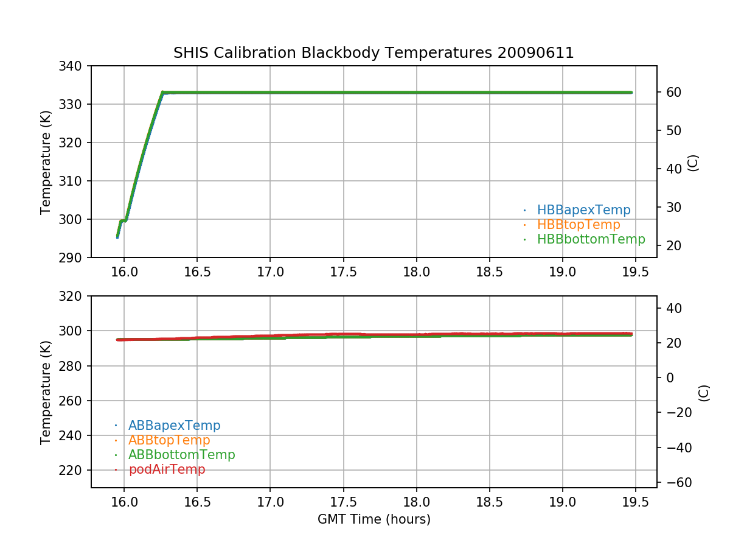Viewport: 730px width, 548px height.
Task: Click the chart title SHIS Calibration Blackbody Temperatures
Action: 374,53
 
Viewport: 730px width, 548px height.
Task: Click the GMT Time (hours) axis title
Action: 374,519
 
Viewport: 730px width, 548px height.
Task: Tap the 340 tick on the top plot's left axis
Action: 74,66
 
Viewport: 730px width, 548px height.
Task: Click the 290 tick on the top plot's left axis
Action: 74,258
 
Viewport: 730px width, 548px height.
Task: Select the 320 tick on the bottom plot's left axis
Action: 74,296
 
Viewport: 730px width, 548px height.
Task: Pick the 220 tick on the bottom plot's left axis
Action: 74,470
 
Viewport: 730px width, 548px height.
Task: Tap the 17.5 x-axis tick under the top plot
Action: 343,272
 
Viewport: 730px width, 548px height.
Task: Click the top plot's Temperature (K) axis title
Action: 46,161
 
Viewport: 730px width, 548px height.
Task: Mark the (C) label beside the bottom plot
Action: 704,392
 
